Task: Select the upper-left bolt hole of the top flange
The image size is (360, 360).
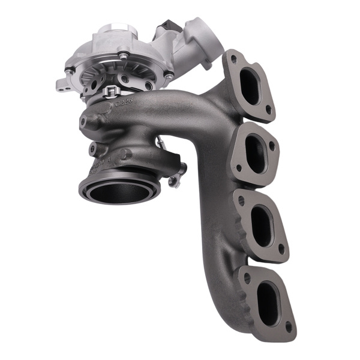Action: (233, 59)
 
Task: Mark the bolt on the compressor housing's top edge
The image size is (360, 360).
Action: (123, 56)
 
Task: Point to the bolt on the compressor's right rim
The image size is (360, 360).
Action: (169, 76)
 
